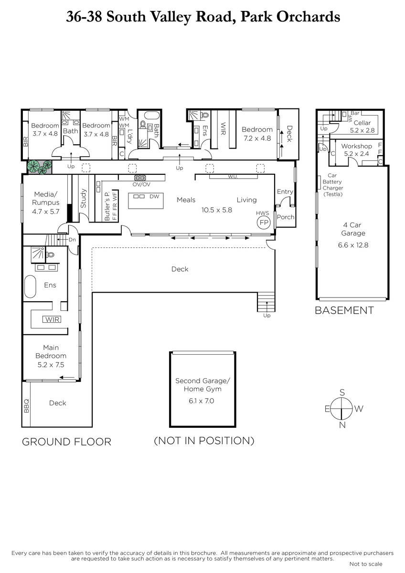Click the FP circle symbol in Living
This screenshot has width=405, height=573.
pos(264,223)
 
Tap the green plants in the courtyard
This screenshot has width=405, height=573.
pos(40,167)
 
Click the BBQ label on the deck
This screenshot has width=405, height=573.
pos(26,406)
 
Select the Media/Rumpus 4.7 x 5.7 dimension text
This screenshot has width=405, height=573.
pos(46,212)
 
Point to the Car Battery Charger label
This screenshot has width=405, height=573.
pos(332,185)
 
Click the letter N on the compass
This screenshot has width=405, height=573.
pos(342,425)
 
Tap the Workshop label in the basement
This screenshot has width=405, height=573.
pos(356,146)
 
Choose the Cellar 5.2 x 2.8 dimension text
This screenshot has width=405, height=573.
pos(362,130)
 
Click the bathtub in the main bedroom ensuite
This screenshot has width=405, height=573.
pos(30,286)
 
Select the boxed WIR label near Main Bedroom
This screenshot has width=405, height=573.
pos(52,319)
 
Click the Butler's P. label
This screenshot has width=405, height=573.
pos(107,206)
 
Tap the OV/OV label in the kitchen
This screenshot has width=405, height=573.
pos(141,184)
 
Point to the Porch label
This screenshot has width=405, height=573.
pos(286,217)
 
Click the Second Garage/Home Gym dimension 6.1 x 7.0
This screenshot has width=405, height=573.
pos(202,401)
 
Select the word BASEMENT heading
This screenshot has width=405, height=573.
pos(344,310)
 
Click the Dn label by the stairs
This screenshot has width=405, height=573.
pos(73,240)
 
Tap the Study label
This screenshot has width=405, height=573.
pos(84,198)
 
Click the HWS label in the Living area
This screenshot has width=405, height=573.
pos(263,213)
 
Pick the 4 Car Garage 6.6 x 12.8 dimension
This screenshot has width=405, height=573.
pos(353,245)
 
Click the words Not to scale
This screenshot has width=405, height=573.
pos(366,564)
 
